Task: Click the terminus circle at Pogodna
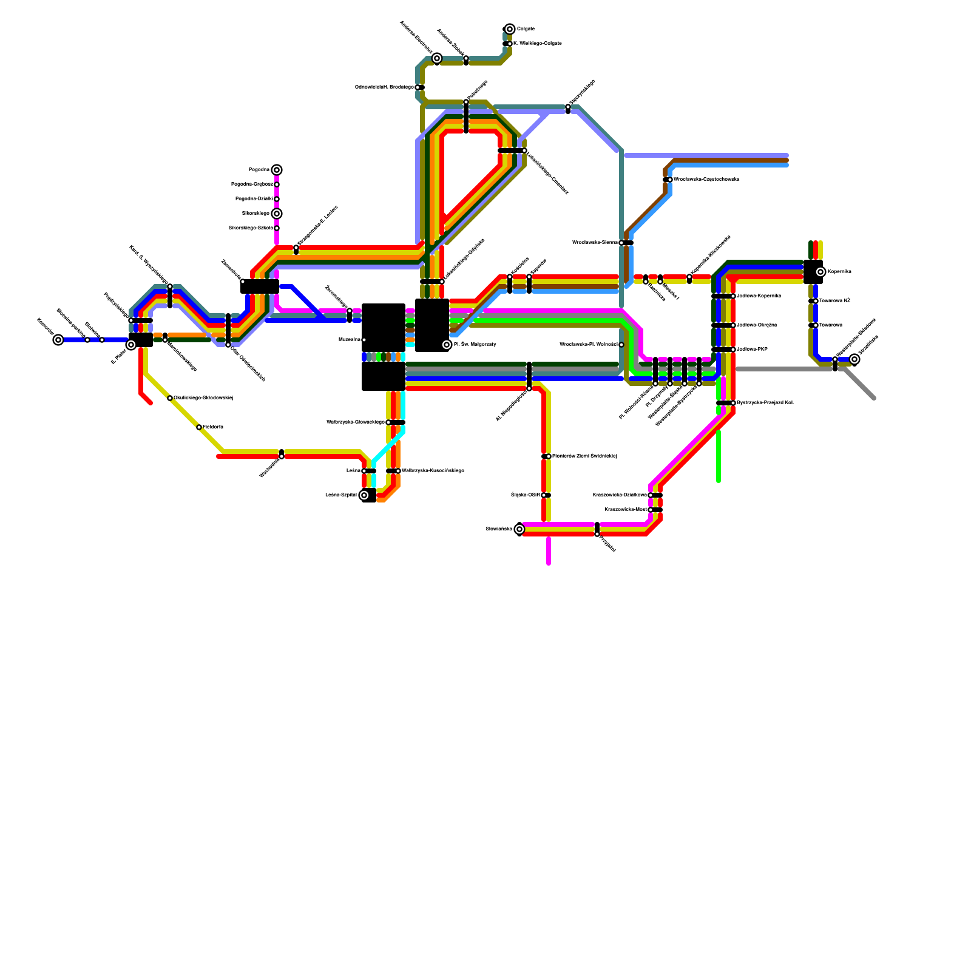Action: pyautogui.click(x=277, y=170)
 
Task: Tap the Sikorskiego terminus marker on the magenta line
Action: pyautogui.click(x=277, y=214)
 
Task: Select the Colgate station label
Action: pyautogui.click(x=526, y=29)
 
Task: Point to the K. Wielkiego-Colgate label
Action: pyautogui.click(x=537, y=44)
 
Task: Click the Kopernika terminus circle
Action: pyautogui.click(x=820, y=272)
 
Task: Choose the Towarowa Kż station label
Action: pyautogui.click(x=834, y=301)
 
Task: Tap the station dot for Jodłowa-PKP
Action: pyautogui.click(x=733, y=350)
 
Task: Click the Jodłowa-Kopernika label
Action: pyautogui.click(x=759, y=296)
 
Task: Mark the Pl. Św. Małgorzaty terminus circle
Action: pyautogui.click(x=447, y=345)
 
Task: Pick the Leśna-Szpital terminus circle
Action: pyautogui.click(x=364, y=495)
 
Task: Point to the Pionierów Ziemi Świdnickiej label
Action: pyautogui.click(x=584, y=456)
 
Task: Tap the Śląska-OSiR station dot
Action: pyautogui.click(x=544, y=495)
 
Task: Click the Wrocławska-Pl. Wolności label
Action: pyautogui.click(x=588, y=345)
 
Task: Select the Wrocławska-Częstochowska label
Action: pyautogui.click(x=706, y=180)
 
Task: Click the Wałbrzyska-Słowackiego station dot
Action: pyautogui.click(x=388, y=422)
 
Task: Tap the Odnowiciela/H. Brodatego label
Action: pyautogui.click(x=384, y=87)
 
